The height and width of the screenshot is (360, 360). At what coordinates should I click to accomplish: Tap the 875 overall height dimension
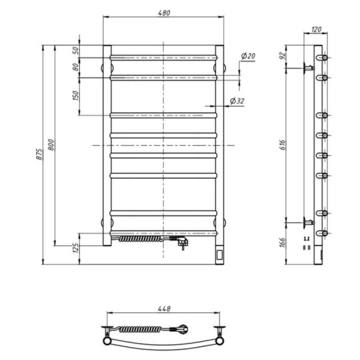(x=40, y=155)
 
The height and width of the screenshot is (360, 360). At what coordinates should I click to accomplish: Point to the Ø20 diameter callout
(x=248, y=56)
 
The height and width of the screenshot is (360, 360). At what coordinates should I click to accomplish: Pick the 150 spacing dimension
(x=76, y=96)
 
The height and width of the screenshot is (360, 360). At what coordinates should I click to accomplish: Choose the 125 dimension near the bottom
(x=76, y=248)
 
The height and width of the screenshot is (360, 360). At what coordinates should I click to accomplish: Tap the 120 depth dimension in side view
(x=317, y=29)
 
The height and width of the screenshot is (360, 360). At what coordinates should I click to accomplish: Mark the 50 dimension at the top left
(x=76, y=50)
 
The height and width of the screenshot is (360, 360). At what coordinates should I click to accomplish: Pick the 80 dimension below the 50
(x=76, y=67)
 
